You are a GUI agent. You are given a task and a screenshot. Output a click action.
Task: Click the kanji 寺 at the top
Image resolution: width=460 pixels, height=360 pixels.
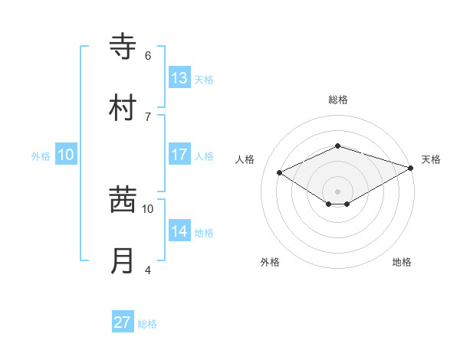[123, 47]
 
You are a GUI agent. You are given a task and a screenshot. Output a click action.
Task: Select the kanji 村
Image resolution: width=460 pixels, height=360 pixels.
[123, 107]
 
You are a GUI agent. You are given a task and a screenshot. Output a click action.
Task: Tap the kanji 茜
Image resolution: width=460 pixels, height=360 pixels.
[123, 200]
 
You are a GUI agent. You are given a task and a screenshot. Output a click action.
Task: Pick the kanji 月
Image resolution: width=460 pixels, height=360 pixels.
[123, 260]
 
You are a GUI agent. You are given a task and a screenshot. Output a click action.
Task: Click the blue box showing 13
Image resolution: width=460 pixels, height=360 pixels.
[179, 78]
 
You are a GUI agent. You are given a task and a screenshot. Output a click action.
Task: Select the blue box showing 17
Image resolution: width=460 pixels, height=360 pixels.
[179, 155]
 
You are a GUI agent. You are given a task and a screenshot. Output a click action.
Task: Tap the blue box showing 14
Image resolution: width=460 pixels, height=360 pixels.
[179, 231]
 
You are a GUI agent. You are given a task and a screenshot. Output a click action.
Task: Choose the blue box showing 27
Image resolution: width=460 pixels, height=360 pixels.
[123, 322]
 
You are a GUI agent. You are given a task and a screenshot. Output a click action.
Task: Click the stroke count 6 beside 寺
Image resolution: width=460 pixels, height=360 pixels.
[148, 56]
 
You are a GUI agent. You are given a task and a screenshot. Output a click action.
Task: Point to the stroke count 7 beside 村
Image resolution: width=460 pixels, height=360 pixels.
[148, 116]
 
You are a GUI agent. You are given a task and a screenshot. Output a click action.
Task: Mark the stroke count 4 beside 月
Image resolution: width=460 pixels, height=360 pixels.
[148, 270]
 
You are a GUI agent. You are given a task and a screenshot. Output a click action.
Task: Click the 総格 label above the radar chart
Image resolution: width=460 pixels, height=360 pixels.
[337, 100]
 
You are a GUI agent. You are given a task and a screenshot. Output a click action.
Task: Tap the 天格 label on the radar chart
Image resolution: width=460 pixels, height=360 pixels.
[431, 159]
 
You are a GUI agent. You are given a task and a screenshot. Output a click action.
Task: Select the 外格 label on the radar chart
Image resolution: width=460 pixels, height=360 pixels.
[270, 262]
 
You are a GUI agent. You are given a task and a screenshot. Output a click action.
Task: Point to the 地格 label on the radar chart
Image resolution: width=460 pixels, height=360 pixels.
[402, 262]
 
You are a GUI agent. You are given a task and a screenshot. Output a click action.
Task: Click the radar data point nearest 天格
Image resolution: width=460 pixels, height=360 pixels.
[412, 169]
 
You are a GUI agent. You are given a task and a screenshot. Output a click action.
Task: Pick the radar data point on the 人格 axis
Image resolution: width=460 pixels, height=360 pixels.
[280, 172]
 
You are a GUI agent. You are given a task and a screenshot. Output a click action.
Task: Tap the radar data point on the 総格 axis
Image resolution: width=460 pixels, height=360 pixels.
[337, 146]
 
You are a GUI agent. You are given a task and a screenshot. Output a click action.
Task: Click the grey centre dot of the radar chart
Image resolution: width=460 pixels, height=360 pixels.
[337, 191]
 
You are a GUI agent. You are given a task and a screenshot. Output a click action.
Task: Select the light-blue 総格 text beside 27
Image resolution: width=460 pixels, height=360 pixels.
[147, 324]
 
